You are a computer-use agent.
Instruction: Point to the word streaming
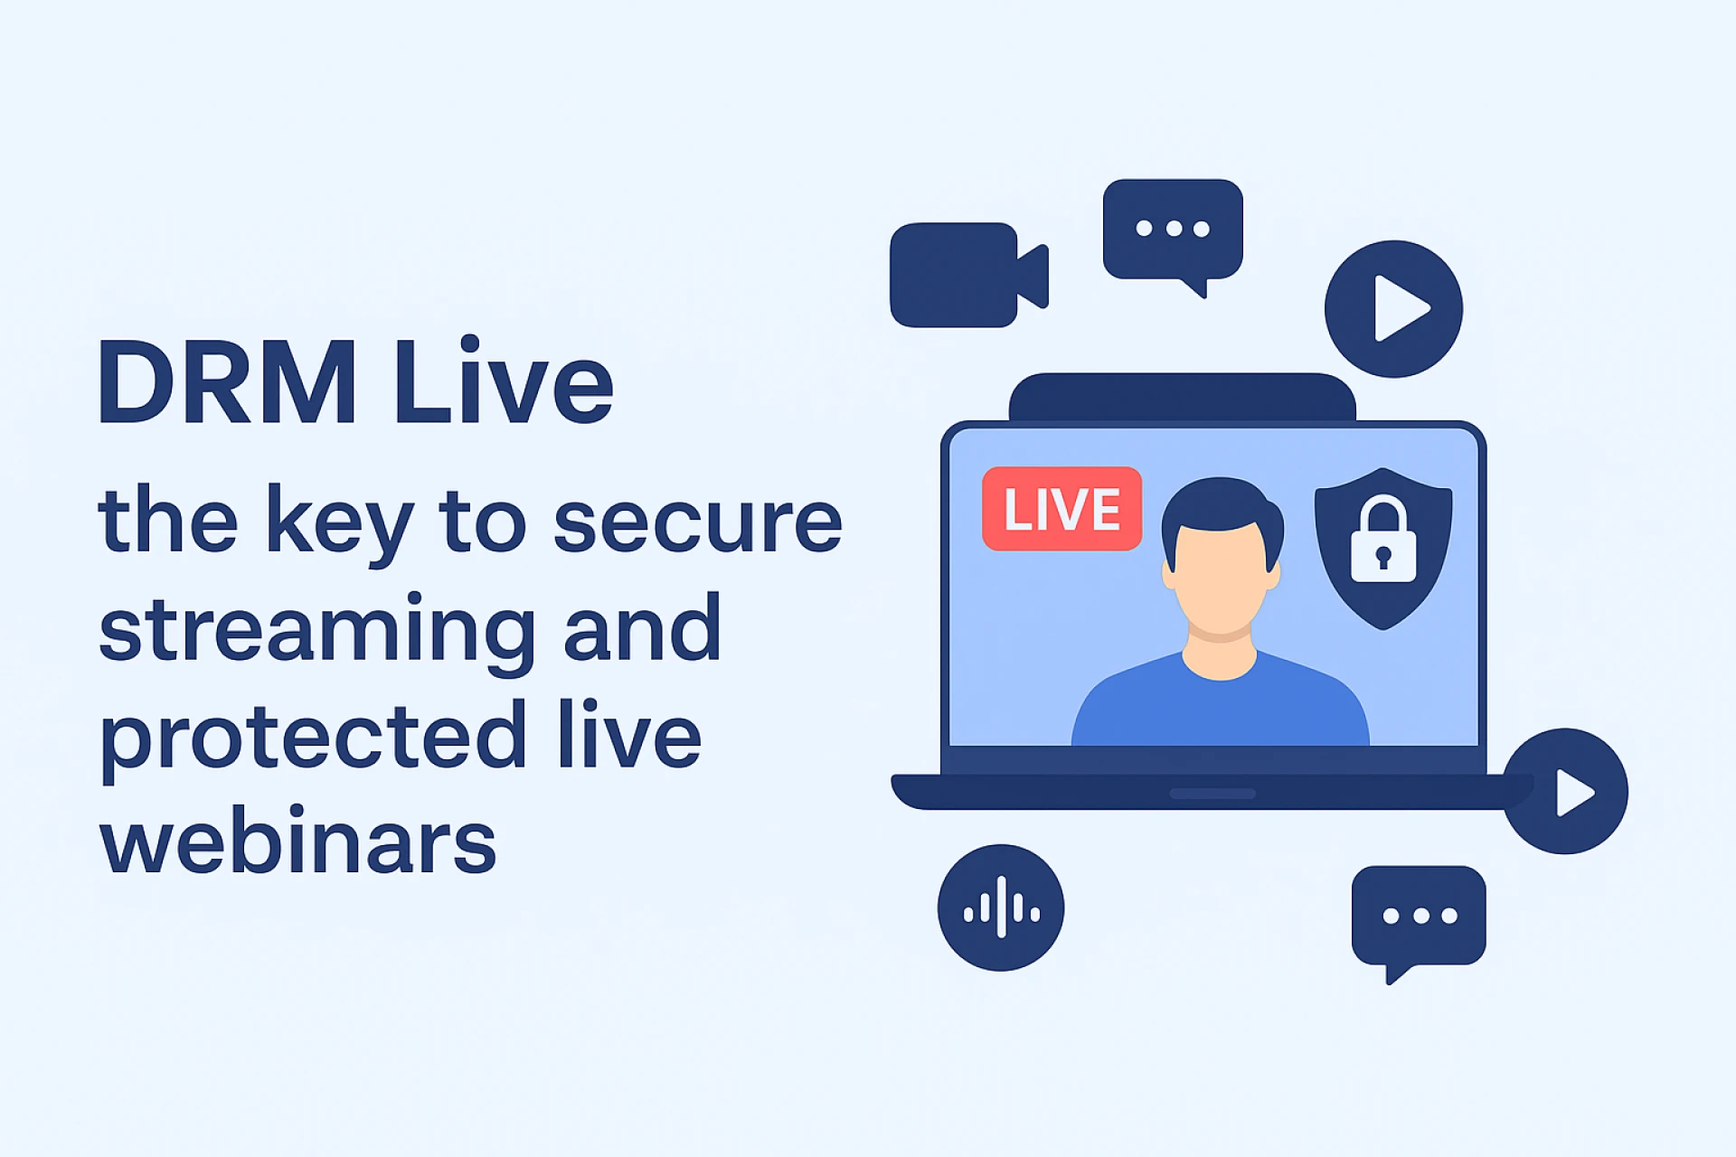click(317, 633)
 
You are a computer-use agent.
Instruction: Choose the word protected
click(313, 738)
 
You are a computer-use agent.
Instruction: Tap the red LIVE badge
click(1061, 509)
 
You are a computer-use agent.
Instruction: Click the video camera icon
click(969, 275)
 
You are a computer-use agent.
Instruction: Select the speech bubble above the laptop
click(1173, 232)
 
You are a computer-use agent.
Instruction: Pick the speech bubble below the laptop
click(1419, 919)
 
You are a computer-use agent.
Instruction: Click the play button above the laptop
click(1393, 309)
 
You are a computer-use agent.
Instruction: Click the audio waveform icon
click(1001, 908)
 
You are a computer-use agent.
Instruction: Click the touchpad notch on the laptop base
click(1212, 794)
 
